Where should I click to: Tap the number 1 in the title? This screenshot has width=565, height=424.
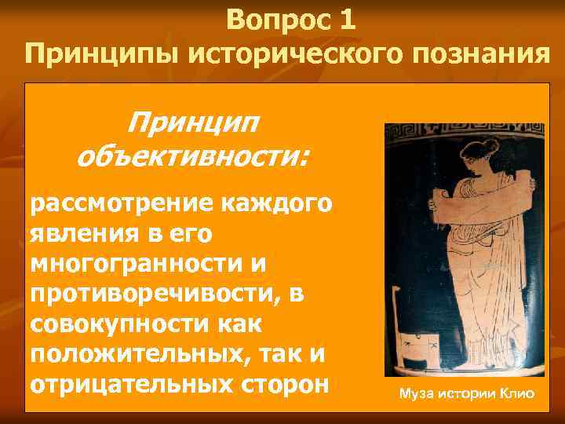(348, 20)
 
